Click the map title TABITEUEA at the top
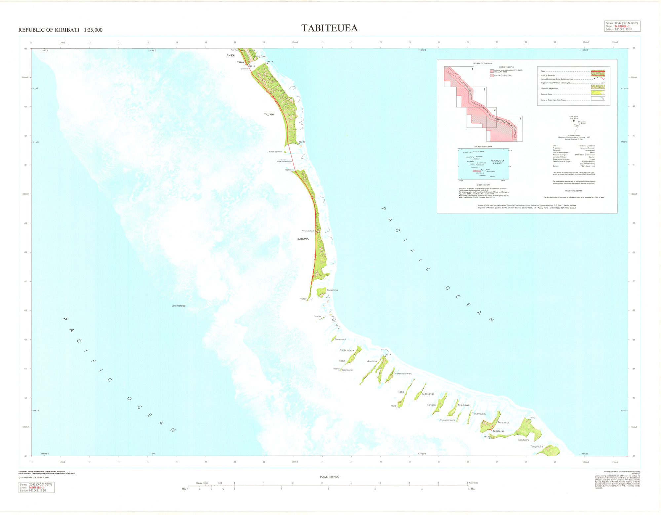[x=330, y=28]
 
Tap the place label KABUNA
[x=303, y=239]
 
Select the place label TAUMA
[x=269, y=115]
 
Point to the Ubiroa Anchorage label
[x=178, y=306]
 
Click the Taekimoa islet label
[x=332, y=290]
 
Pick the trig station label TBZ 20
[x=303, y=299]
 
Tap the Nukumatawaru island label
[x=403, y=374]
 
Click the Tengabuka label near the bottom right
[x=536, y=447]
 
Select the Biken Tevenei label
[x=275, y=152]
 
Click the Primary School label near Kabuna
[x=307, y=231]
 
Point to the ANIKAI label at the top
[x=231, y=56]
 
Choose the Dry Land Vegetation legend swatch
[x=598, y=87]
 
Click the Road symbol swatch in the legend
[x=598, y=71]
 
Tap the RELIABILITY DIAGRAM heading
[x=483, y=63]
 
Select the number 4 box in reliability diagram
[x=520, y=119]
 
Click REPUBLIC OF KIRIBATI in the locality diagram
[x=497, y=162]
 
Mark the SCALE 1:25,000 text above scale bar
[x=329, y=477]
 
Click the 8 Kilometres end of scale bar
[x=467, y=483]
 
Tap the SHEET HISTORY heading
[x=483, y=185]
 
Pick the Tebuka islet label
[x=317, y=317]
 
